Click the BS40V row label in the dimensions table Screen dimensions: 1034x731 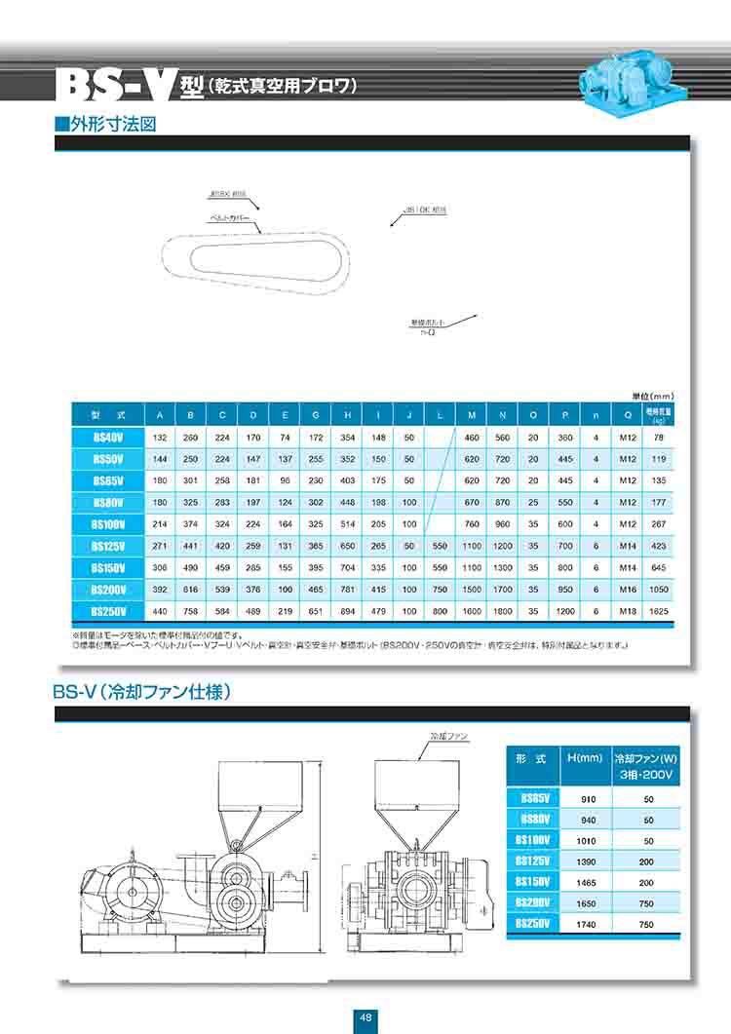[x=107, y=438]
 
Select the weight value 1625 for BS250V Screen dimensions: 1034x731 [x=658, y=611]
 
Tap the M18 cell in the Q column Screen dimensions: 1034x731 [x=628, y=611]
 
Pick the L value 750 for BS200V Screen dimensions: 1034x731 [x=441, y=589]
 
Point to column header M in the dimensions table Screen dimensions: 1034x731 [x=471, y=415]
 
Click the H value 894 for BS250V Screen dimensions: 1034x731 [x=347, y=611]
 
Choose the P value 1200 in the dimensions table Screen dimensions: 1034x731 [x=564, y=611]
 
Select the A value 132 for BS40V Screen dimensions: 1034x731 [x=160, y=438]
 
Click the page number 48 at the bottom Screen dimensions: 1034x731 [x=366, y=1016]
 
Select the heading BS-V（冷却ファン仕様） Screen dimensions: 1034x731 [x=141, y=694]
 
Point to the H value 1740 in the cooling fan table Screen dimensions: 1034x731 [x=589, y=923]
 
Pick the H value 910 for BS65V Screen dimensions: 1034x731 [x=589, y=798]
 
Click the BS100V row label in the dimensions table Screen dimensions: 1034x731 [x=107, y=524]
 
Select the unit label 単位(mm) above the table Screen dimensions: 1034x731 [x=652, y=396]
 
